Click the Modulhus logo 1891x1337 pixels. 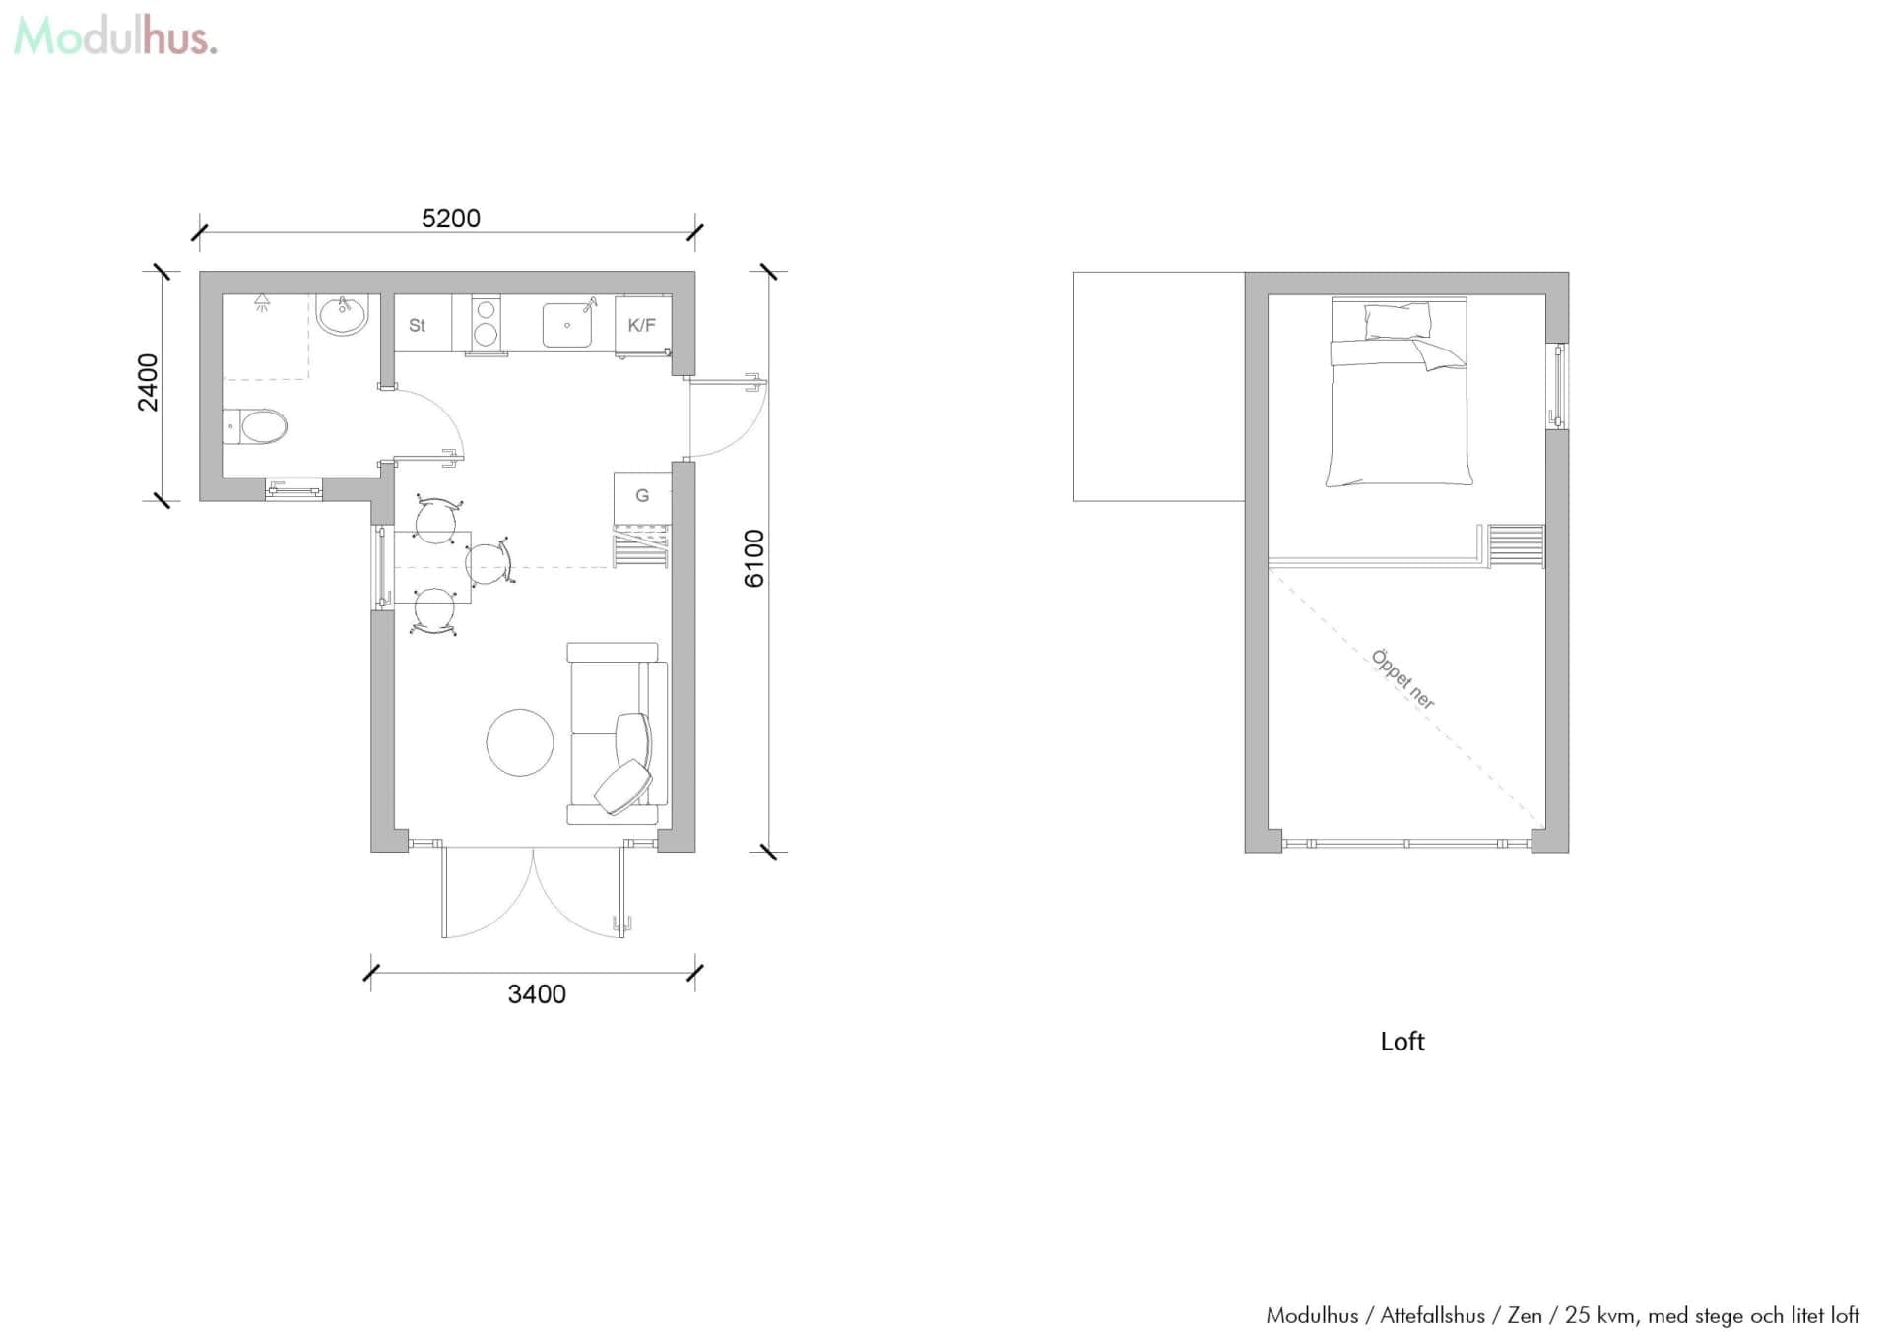click(x=115, y=37)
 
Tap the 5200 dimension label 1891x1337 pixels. click(x=451, y=219)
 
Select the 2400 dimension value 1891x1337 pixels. click(x=148, y=382)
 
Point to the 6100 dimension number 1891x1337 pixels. click(x=754, y=558)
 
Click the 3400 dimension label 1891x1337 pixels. click(x=537, y=994)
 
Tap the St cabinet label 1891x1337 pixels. click(x=417, y=325)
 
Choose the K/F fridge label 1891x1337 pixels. click(x=642, y=325)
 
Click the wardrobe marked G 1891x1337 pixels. click(x=642, y=496)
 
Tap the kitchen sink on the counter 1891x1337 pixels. click(x=567, y=325)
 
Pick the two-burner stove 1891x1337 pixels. click(x=486, y=323)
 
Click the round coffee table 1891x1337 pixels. click(x=520, y=742)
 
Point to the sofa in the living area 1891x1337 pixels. click(x=616, y=733)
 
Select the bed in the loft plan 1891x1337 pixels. click(x=1399, y=394)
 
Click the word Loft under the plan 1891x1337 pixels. click(x=1402, y=1042)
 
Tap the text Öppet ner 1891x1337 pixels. click(x=1403, y=679)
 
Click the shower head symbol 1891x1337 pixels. click(x=262, y=302)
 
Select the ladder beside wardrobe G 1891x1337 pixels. click(x=640, y=546)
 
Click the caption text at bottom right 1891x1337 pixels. click(x=1562, y=1315)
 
